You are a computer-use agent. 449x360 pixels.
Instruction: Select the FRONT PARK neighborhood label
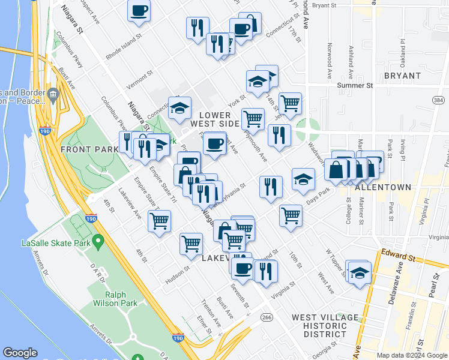click(84, 148)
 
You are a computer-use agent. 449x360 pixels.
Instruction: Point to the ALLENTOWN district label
click(383, 187)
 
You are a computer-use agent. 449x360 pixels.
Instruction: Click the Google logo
click(20, 353)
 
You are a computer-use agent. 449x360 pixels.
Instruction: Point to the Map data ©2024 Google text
click(411, 355)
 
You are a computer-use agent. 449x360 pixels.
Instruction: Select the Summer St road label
click(355, 85)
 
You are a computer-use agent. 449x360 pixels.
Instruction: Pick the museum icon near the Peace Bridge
click(53, 94)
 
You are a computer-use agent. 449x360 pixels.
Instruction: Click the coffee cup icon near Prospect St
click(139, 11)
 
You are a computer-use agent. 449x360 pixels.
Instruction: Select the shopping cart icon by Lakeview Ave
click(160, 221)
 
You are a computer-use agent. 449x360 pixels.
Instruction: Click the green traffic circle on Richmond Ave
click(308, 127)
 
